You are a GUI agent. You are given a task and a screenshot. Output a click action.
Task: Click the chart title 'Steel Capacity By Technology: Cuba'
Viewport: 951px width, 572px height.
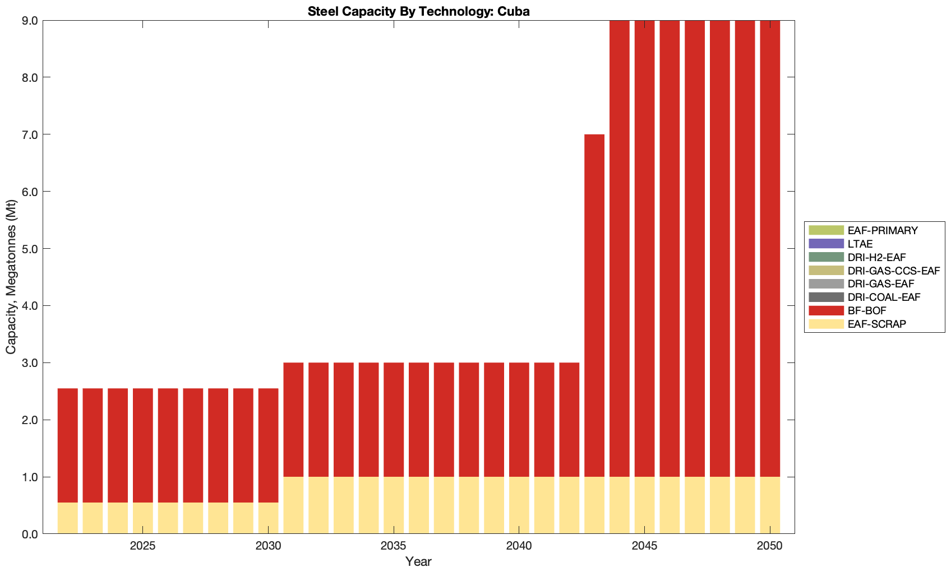418,11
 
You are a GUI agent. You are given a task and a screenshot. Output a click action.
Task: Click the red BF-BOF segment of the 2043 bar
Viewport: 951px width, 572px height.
594,305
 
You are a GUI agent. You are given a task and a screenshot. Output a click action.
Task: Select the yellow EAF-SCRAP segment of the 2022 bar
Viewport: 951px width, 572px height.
68,518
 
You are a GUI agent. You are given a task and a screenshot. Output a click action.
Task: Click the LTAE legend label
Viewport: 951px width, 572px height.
860,244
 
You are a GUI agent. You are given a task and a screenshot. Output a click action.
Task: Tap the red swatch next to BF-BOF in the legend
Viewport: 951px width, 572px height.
826,310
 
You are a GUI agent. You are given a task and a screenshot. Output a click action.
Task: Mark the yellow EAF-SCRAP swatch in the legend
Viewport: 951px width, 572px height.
826,324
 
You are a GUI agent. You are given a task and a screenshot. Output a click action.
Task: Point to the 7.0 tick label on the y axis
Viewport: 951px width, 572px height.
27,134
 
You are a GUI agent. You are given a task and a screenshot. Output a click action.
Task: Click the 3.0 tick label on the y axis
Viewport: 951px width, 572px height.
27,363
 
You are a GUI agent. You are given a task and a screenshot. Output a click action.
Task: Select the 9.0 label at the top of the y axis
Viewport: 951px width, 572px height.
27,21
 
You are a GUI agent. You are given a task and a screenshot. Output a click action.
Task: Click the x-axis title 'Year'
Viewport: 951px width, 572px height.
418,561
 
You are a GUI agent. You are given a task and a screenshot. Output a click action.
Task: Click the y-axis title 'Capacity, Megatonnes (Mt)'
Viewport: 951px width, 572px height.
11,277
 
